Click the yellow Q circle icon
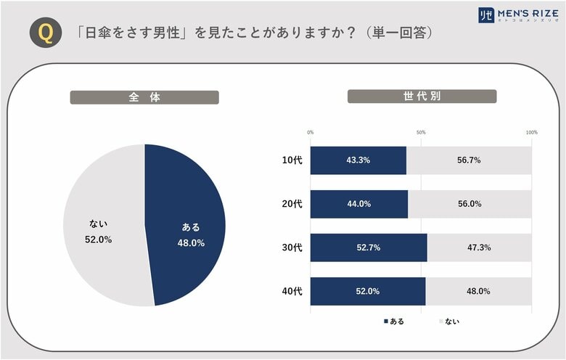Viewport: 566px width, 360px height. tap(44, 34)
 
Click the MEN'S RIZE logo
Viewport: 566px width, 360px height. tap(516, 15)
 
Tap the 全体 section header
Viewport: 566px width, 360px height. tap(144, 97)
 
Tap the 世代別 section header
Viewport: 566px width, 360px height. tap(422, 97)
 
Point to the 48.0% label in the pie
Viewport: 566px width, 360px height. tap(191, 243)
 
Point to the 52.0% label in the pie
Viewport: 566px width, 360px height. tap(98, 240)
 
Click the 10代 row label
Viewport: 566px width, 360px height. tap(292, 160)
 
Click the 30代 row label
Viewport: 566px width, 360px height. tap(292, 247)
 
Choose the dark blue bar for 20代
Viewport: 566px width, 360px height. tap(358, 204)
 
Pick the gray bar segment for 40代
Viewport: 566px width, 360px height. tap(478, 291)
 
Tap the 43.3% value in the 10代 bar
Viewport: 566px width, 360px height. tap(358, 160)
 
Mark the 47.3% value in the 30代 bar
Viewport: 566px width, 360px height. tap(479, 247)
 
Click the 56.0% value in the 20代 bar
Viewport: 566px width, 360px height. tap(469, 204)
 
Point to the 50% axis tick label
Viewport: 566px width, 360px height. tap(421, 133)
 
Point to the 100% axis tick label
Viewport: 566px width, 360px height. tap(531, 133)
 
